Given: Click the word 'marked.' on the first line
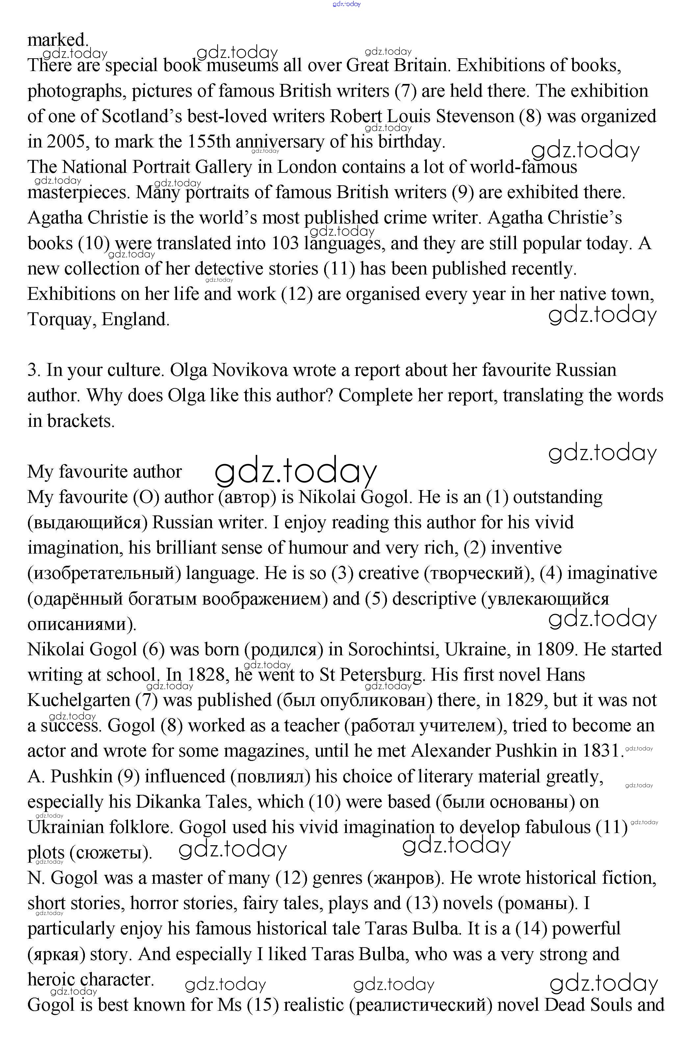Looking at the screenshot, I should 58,40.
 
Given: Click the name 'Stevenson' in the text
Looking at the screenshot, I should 475,116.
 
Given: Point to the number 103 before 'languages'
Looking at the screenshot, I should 285,243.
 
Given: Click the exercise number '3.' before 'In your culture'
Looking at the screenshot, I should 34,370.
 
